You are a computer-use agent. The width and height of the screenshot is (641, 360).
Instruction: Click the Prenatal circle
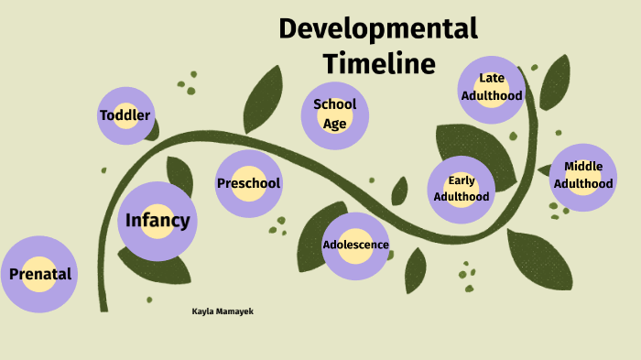pyautogui.click(x=39, y=274)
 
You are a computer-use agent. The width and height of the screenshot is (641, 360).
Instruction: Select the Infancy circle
pyautogui.click(x=158, y=221)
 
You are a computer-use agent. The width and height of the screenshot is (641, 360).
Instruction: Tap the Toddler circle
pyautogui.click(x=125, y=115)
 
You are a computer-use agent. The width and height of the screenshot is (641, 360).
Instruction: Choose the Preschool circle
pyautogui.click(x=248, y=183)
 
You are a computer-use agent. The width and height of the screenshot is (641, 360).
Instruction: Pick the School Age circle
pyautogui.click(x=335, y=115)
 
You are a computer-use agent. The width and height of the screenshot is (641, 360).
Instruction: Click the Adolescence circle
pyautogui.click(x=355, y=245)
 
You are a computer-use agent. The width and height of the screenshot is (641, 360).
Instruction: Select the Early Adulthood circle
pyautogui.click(x=462, y=189)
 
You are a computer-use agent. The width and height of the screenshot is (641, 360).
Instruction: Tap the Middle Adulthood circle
pyautogui.click(x=583, y=176)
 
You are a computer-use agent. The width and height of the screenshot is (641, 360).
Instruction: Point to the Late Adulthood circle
pyautogui.click(x=492, y=88)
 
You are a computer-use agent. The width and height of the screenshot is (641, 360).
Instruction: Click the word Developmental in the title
pyautogui.click(x=378, y=28)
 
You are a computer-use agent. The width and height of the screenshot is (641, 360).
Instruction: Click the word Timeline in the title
pyautogui.click(x=378, y=63)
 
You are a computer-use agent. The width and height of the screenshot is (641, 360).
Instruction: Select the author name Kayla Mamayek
pyautogui.click(x=223, y=311)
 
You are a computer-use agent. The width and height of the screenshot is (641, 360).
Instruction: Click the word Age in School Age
pyautogui.click(x=335, y=124)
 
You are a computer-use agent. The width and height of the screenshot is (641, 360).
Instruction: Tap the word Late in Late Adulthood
pyautogui.click(x=492, y=78)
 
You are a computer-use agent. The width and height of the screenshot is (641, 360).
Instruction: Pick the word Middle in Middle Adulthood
pyautogui.click(x=583, y=166)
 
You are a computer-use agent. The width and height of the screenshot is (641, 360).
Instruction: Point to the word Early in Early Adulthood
pyautogui.click(x=462, y=180)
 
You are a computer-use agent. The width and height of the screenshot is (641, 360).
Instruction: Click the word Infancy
pyautogui.click(x=158, y=221)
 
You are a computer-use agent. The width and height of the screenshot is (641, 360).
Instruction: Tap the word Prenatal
pyautogui.click(x=39, y=274)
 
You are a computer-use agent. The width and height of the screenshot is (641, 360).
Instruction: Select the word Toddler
pyautogui.click(x=125, y=115)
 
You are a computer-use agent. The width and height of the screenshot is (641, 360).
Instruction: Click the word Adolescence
pyautogui.click(x=355, y=245)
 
